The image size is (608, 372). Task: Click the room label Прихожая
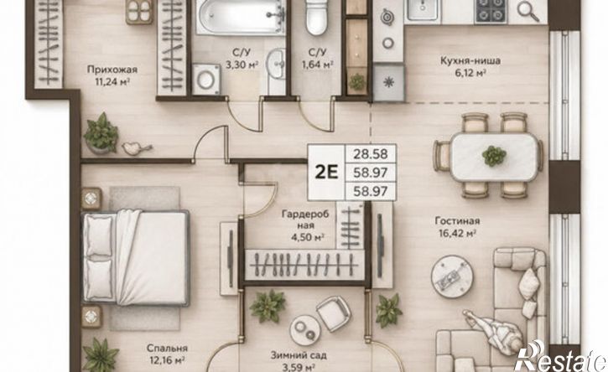tap(112, 70)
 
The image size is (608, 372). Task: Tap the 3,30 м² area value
tap(242, 65)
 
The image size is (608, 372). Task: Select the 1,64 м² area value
tap(318, 65)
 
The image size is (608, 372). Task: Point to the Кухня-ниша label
tap(470, 61)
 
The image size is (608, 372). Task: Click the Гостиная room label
tap(457, 221)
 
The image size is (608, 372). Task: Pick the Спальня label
tap(167, 349)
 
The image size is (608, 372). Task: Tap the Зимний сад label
tap(299, 355)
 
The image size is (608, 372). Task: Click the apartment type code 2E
tap(326, 172)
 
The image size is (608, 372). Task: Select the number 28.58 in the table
tap(371, 154)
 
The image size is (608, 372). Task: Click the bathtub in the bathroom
tap(241, 18)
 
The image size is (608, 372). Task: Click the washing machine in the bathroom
tap(206, 80)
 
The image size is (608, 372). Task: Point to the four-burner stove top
tap(491, 12)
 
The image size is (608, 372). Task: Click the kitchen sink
tap(422, 11)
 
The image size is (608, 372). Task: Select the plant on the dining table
tap(494, 156)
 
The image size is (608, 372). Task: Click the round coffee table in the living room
tap(452, 276)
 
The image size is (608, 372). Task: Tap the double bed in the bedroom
tap(135, 257)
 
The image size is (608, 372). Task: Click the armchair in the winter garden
tap(334, 313)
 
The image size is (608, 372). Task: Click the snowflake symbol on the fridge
tap(388, 83)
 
